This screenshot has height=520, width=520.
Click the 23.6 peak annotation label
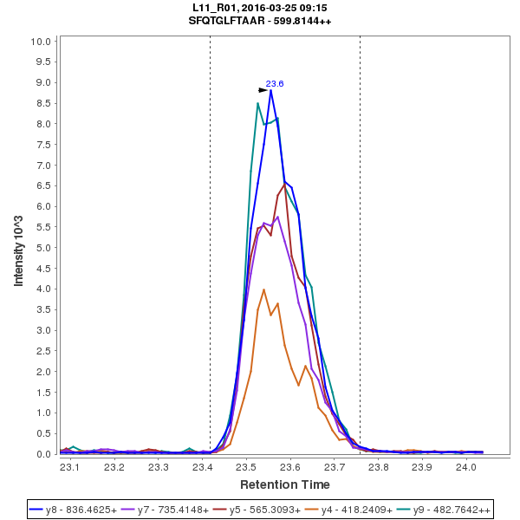point(275,84)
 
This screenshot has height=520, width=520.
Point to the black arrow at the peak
point(263,89)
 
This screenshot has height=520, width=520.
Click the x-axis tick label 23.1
point(70,467)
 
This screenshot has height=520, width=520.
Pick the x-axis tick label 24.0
point(466,467)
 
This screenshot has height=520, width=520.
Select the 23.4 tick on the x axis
point(202,467)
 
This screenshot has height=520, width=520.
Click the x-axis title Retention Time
point(284,484)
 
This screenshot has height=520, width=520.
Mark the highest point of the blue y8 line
point(270,90)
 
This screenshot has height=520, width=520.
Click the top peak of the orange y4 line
point(263,289)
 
